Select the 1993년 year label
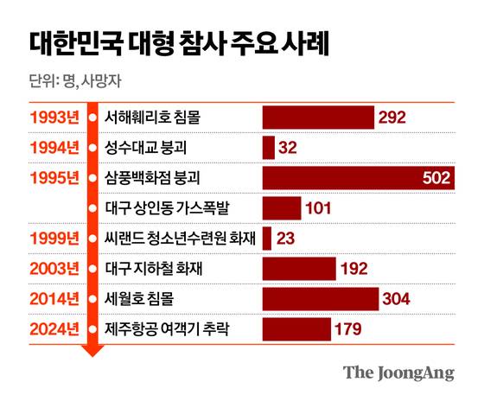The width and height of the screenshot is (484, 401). [x=54, y=117]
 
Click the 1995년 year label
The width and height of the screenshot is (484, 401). [x=54, y=178]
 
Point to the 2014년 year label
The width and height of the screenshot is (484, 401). [x=54, y=298]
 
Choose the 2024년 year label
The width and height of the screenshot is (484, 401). [x=54, y=328]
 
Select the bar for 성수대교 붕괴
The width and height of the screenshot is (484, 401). [x=268, y=148]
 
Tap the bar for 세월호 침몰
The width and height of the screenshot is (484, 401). [x=320, y=298]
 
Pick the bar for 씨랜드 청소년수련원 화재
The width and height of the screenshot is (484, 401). [x=266, y=238]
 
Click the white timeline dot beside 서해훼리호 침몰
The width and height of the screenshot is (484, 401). [x=92, y=117]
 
